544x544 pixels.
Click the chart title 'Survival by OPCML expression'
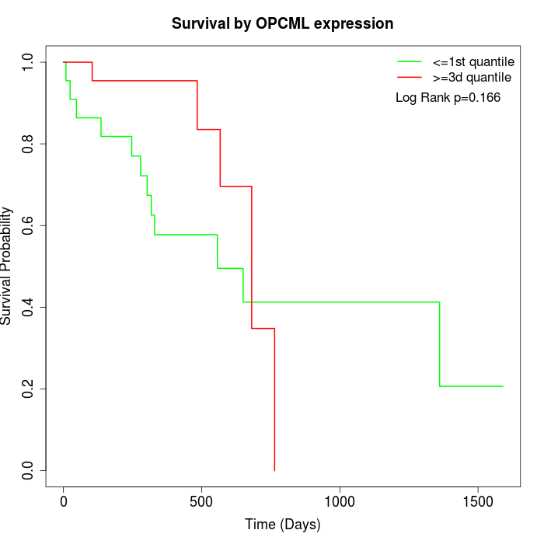[x=282, y=23]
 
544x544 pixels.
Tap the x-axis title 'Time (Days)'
[x=282, y=525]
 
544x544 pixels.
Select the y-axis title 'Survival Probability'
[x=7, y=266]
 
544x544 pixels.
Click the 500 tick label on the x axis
[x=201, y=501]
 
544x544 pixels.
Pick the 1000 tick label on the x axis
[x=340, y=501]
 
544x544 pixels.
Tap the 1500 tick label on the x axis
[x=477, y=501]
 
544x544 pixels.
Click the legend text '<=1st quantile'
[x=473, y=61]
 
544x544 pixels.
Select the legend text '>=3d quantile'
[x=472, y=77]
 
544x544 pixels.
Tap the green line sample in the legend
[x=409, y=61]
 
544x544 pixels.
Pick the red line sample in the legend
[x=409, y=77]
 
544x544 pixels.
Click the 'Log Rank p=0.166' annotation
[x=448, y=98]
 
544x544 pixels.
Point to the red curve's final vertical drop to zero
[x=274, y=400]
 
